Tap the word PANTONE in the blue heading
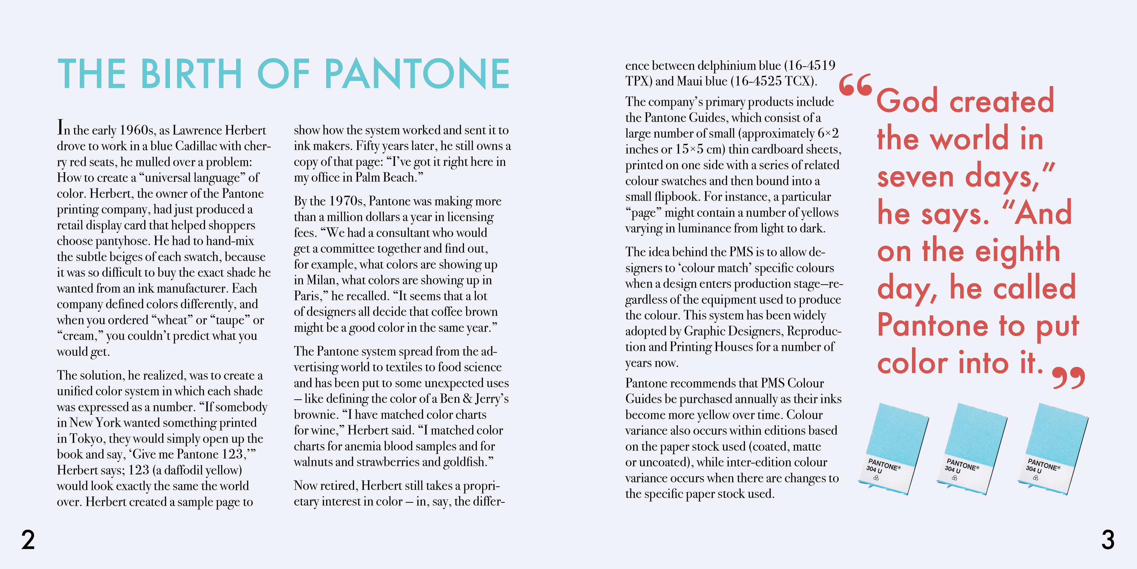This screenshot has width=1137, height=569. (417, 74)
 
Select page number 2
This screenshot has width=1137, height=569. (28, 540)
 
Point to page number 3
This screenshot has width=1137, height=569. (1108, 540)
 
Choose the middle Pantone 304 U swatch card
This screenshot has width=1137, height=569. (971, 448)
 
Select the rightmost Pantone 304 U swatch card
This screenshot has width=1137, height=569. (1052, 448)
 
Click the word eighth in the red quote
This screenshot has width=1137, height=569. (1017, 251)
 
